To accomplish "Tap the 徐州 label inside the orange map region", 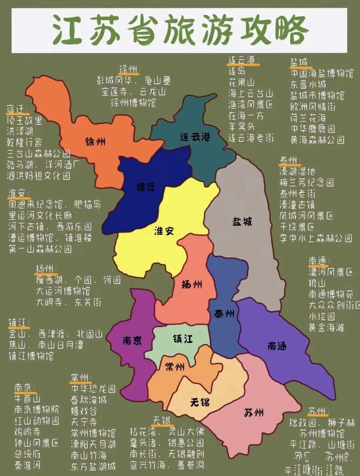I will coord(95,142).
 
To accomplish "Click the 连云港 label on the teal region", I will coord(195,137).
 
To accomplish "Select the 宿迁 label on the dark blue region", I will coord(146,187).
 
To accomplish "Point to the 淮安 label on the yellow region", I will coord(164,231).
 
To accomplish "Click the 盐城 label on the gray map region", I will coord(242,222).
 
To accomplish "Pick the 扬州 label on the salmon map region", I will coord(192,284).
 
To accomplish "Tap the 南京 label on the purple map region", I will coord(132,340).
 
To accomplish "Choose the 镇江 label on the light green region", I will coord(183,339).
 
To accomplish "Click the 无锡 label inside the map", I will coord(200,402).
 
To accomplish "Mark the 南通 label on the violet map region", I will coord(277,346).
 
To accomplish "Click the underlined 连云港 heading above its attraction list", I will coord(242,60).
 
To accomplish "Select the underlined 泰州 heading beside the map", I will coord(289,161).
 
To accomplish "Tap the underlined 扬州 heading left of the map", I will coord(45,269).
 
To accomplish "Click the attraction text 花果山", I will coord(241,82).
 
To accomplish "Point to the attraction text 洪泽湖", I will coord(20,131).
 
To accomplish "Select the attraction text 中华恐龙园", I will coord(93,389).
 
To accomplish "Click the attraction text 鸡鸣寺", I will coord(27,432).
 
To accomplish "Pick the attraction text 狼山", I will coord(317,283).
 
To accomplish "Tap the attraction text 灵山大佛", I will coord(186,432).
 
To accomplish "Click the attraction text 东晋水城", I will coord(308,84).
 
